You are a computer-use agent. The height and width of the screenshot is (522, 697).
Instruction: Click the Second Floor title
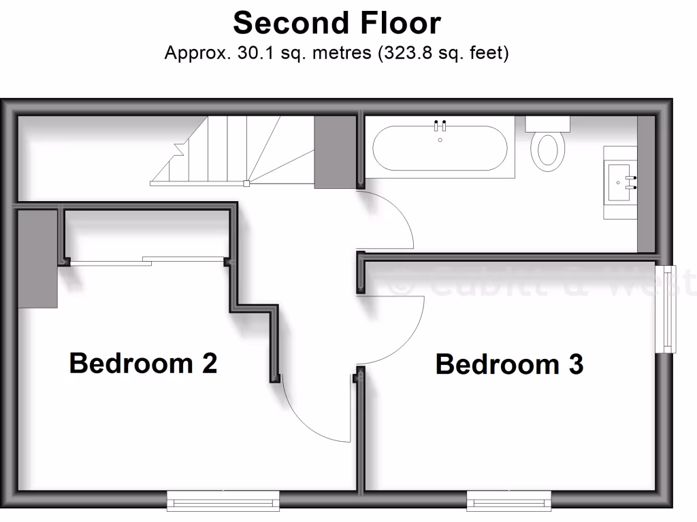pyautogui.click(x=337, y=23)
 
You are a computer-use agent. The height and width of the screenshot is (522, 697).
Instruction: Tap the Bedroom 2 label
pyautogui.click(x=143, y=363)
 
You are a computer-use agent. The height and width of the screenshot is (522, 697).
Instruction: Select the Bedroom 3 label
pyautogui.click(x=509, y=364)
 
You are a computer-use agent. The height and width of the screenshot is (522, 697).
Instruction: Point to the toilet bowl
pyautogui.click(x=547, y=151)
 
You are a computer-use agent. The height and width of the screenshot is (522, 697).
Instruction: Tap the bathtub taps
pyautogui.click(x=440, y=125)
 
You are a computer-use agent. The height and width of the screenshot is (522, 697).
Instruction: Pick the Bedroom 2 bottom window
pyautogui.click(x=223, y=502)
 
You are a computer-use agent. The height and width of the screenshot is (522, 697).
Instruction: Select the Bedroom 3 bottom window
pyautogui.click(x=508, y=502)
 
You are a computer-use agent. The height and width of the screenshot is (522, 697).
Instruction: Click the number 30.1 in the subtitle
pyautogui.click(x=252, y=54)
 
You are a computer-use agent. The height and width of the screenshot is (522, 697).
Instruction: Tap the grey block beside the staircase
pyautogui.click(x=336, y=151)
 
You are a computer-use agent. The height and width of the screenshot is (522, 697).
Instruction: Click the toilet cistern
pyautogui.click(x=547, y=123)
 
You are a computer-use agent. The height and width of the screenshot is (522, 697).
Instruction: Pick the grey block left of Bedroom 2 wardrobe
pyautogui.click(x=37, y=259)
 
